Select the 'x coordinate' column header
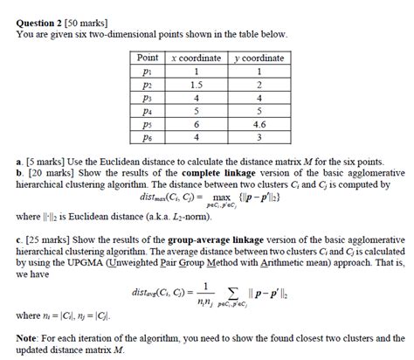point(197,57)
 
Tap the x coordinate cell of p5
point(197,124)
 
